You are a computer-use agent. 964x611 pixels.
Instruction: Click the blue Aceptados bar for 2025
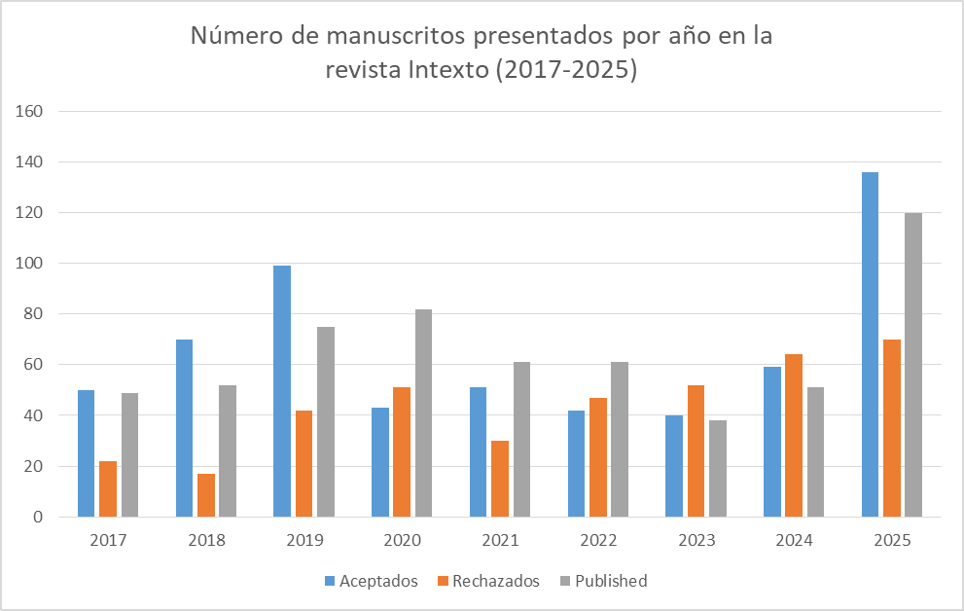coord(870,344)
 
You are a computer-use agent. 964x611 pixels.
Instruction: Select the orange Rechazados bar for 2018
coord(206,495)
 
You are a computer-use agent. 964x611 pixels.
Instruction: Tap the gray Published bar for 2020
coord(423,413)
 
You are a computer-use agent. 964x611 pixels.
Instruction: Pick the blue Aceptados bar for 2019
coord(282,391)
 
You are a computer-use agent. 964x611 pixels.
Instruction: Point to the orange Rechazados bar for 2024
coord(795,435)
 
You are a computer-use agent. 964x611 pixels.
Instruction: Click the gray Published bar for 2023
coord(718,468)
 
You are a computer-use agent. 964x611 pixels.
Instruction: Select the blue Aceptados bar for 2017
coord(86,453)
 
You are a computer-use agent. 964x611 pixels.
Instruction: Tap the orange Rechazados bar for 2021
coord(500,479)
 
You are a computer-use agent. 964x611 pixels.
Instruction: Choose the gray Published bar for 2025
coord(913,365)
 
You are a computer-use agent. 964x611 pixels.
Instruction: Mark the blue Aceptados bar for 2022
coord(576,463)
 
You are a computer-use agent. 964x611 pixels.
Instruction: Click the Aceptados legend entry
coord(372,581)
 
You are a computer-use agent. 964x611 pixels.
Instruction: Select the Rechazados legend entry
coord(488,581)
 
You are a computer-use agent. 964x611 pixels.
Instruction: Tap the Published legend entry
coord(604,581)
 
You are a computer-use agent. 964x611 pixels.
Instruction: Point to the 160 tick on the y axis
coord(29,111)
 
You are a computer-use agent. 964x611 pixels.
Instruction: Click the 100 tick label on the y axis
coord(29,263)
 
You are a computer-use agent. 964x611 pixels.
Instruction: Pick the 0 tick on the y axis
coord(38,517)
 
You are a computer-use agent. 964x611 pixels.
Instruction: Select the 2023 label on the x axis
coord(696,540)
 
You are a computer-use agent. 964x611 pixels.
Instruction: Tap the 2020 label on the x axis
coord(402,540)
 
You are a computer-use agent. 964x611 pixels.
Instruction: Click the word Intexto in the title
coord(448,69)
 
